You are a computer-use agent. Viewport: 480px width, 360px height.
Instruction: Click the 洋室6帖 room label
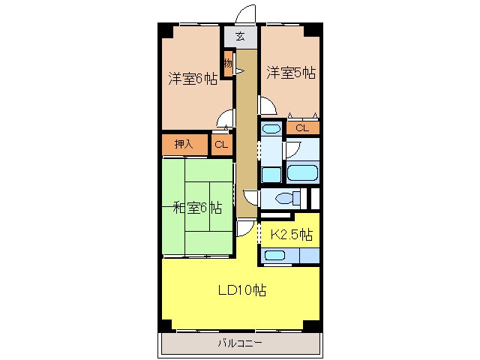(193, 79)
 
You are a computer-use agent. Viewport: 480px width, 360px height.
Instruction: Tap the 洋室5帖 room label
(290, 73)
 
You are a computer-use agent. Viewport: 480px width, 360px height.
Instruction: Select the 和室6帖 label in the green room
(196, 208)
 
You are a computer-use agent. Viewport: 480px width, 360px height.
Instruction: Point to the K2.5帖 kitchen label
(291, 235)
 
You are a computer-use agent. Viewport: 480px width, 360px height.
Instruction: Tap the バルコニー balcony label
(240, 343)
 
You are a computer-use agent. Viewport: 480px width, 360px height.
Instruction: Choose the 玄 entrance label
(240, 36)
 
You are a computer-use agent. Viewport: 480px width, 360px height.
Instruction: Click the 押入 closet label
(184, 144)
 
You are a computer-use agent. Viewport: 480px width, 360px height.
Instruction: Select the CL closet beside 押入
(221, 144)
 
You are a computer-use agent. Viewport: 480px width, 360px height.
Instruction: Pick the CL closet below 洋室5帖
(301, 128)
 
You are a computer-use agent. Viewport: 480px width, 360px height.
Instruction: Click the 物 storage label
(227, 64)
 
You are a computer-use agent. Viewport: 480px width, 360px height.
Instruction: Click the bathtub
(303, 172)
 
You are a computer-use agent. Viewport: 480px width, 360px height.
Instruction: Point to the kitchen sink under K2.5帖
(275, 255)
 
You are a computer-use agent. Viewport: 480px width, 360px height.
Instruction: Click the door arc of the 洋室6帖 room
(223, 118)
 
